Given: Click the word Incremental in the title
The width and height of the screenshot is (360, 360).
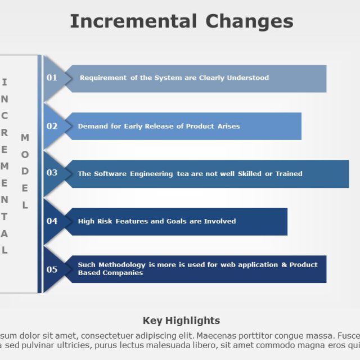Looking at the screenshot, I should tap(133, 21).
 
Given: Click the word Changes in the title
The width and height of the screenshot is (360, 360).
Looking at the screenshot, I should tap(249, 21).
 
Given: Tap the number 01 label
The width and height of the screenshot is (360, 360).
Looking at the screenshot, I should tap(52, 78).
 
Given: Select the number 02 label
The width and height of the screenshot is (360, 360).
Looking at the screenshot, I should tap(52, 126).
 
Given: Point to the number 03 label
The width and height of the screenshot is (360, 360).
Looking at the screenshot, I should tap(52, 173).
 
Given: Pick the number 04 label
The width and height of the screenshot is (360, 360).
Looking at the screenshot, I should tap(52, 221).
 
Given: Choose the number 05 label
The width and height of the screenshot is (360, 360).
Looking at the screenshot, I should tap(52, 269).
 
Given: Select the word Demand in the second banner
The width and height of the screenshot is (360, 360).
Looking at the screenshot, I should tap(91, 127).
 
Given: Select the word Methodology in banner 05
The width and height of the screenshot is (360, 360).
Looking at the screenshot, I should tap(122, 265).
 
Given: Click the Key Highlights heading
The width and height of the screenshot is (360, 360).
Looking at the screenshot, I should tap(181, 321).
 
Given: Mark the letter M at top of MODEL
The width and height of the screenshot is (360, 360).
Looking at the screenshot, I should tap(25, 137).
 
